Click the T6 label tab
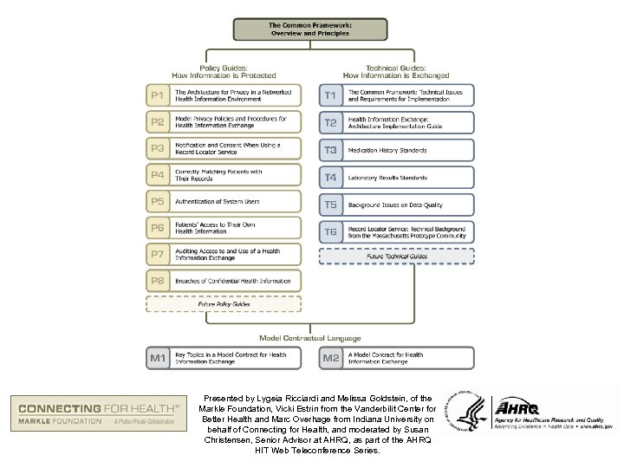click(332, 231)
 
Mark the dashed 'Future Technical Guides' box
click(397, 257)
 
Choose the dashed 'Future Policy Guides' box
click(224, 305)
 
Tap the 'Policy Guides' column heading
click(224, 71)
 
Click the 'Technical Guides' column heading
click(397, 71)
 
